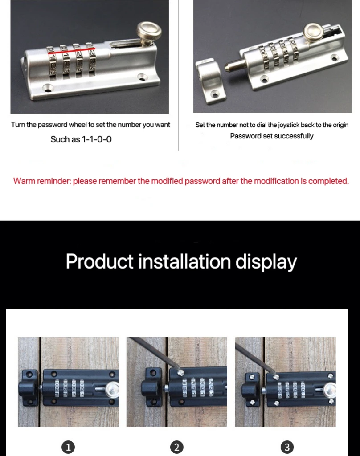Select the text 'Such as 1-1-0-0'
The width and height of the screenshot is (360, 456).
tap(81, 139)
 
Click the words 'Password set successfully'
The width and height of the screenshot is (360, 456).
tap(272, 136)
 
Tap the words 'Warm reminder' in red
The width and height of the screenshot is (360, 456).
tap(42, 181)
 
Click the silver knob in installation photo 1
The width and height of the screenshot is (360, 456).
tap(111, 390)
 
